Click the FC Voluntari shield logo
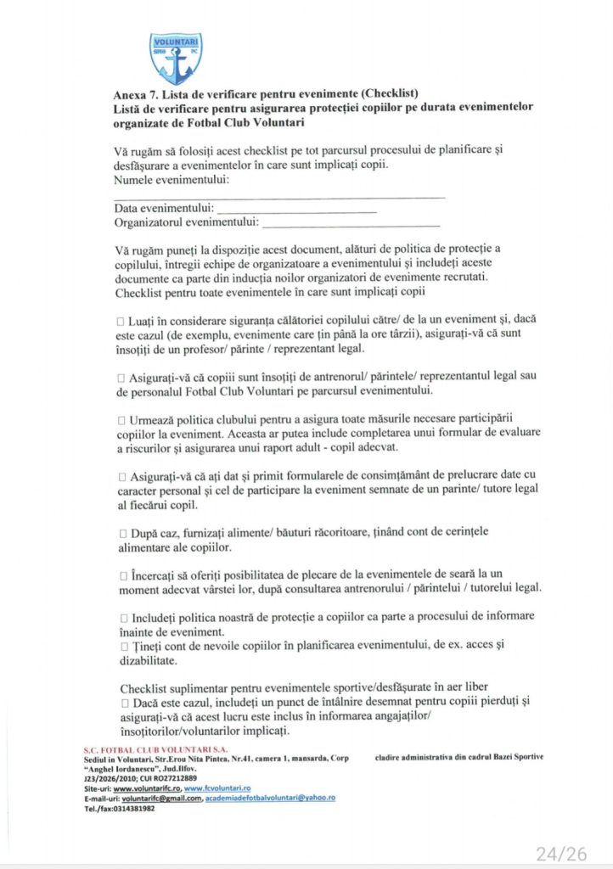click(x=176, y=59)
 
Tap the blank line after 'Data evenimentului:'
click(x=297, y=208)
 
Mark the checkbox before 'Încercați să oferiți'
click(x=121, y=575)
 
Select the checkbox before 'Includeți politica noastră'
click(x=121, y=617)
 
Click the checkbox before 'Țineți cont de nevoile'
click(x=121, y=646)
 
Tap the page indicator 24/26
click(x=560, y=854)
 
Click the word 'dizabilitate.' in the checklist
click(x=148, y=660)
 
